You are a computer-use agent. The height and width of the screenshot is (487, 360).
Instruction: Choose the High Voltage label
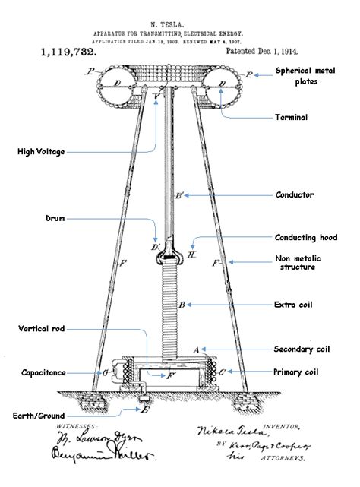pyautogui.click(x=41, y=152)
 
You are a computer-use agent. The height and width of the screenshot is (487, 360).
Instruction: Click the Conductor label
pyautogui.click(x=295, y=195)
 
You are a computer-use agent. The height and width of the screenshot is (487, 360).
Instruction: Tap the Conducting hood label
pyautogui.click(x=305, y=237)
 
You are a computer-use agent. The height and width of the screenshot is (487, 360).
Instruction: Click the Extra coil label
pyautogui.click(x=295, y=305)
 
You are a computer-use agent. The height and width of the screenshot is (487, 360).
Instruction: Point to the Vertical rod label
pyautogui.click(x=45, y=329)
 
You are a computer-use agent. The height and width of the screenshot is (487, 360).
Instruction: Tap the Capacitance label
pyautogui.click(x=43, y=373)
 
